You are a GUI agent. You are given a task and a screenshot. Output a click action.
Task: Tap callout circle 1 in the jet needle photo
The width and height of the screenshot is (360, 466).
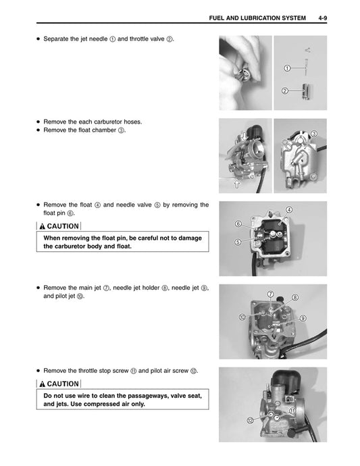coord(287,68)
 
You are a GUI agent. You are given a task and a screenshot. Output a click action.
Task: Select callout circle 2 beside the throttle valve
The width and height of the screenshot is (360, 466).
coord(285,90)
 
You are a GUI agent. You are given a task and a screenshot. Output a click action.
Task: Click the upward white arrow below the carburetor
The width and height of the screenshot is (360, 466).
coord(236,182)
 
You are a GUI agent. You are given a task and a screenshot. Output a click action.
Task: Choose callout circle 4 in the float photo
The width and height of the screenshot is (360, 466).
coord(290,210)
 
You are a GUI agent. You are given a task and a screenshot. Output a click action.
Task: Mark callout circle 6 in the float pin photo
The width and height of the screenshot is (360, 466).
coord(238,223)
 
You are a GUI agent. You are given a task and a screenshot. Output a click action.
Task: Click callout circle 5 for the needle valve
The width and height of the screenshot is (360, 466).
coord(238,241)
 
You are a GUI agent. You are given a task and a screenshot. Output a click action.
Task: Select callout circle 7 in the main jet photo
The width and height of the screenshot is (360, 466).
coord(269,294)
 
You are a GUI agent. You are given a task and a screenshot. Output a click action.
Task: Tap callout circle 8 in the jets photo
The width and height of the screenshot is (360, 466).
coord(294,298)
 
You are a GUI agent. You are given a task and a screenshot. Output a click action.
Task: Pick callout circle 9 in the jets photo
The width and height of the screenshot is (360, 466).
coord(303,317)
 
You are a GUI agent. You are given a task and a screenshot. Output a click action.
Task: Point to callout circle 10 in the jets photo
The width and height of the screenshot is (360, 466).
coord(242,317)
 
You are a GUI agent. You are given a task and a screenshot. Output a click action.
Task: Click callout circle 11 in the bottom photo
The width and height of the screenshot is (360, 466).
coord(292,411)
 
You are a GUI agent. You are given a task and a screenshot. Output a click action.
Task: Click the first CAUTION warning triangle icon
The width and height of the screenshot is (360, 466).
coord(42,226)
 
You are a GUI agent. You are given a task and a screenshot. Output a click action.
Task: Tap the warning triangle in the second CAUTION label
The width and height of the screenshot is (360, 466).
coord(42,384)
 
